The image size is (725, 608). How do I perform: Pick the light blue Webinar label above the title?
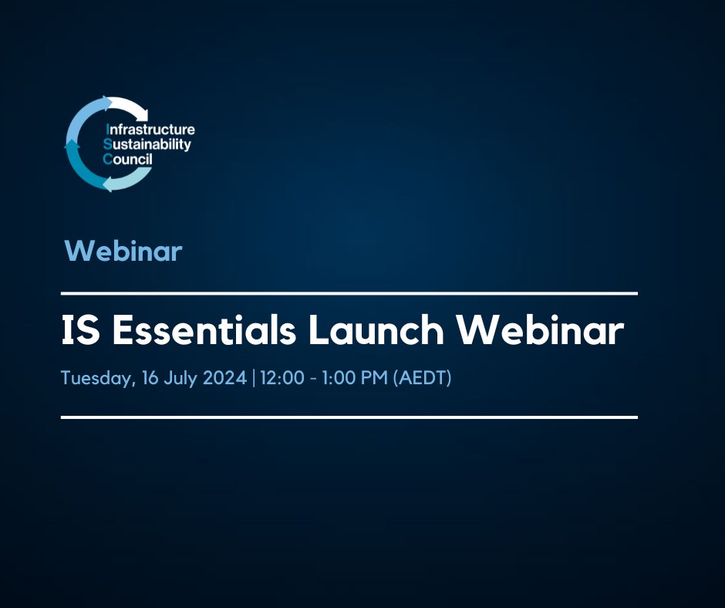point(123,251)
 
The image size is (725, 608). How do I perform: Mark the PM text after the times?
point(376,380)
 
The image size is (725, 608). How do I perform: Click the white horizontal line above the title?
point(349,293)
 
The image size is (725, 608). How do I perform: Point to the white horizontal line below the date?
point(349,417)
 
